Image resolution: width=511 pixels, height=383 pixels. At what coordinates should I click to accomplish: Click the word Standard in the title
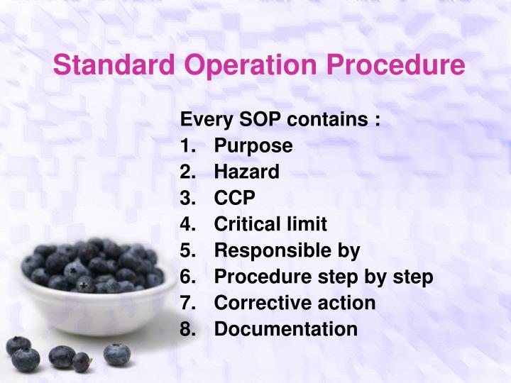point(116,65)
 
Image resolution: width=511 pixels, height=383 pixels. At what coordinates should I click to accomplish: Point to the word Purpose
point(253,145)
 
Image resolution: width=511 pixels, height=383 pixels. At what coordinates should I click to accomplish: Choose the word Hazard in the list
point(246,172)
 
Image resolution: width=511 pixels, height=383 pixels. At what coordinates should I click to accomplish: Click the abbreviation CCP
point(234,198)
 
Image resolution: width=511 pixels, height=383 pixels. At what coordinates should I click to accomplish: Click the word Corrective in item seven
point(258,303)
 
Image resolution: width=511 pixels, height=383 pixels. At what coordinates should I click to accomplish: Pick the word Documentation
point(285,329)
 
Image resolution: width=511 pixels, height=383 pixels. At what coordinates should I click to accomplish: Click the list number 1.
point(187,145)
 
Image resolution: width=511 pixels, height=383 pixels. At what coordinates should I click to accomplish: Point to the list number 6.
point(187,277)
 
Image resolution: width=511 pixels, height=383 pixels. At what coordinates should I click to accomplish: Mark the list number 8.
point(187,329)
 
